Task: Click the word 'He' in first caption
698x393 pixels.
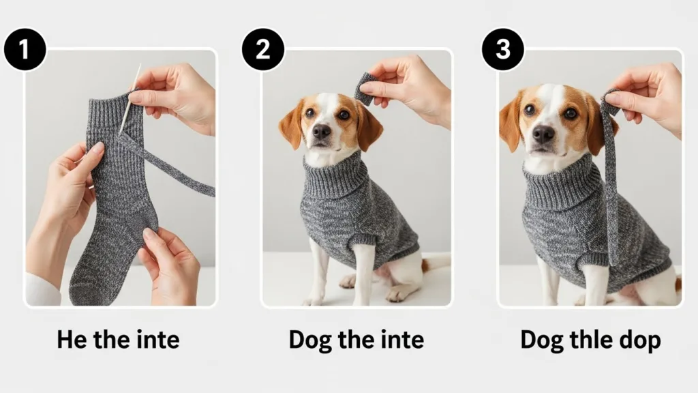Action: coord(72,339)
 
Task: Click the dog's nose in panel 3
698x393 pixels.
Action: coord(543,134)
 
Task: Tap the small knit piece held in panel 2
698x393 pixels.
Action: coord(364,89)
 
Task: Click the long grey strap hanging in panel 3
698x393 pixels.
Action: coord(610,191)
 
